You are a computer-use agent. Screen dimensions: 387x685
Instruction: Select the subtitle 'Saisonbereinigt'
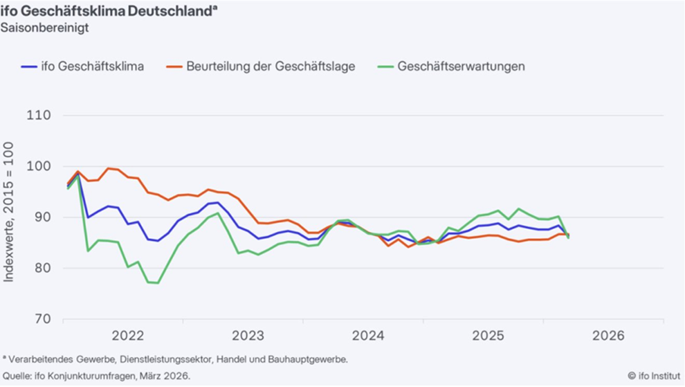tap(44, 29)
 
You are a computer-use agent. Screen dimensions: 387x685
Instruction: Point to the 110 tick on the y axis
tap(38, 115)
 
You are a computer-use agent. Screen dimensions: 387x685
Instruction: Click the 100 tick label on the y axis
tap(38, 166)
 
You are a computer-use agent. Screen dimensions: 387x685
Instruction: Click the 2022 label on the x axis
tap(128, 336)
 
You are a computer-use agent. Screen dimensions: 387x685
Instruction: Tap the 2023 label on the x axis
tap(248, 336)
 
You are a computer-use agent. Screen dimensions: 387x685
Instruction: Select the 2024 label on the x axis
tap(368, 336)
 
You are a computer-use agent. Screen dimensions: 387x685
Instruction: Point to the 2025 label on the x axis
tap(488, 336)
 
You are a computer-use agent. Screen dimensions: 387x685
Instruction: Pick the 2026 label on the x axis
tap(608, 336)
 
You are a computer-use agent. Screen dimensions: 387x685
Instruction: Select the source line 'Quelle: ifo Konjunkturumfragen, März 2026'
tap(96, 376)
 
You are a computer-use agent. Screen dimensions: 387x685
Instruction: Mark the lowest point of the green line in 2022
tap(158, 282)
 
